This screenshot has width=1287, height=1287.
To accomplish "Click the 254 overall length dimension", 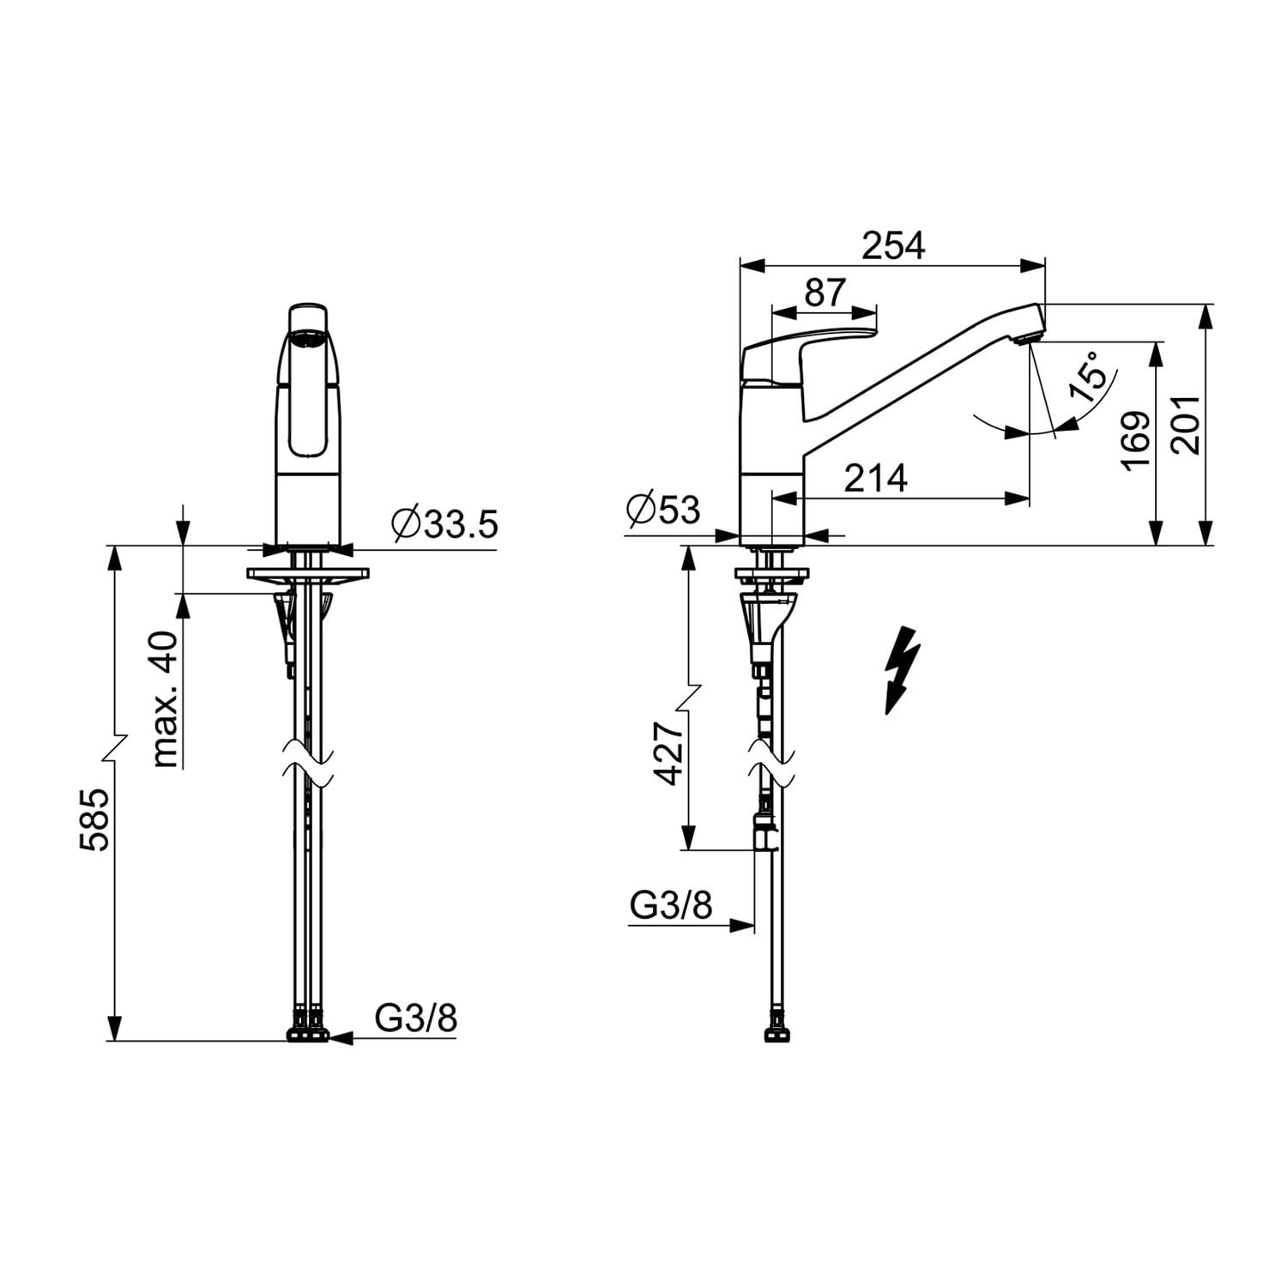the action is pos(893,246).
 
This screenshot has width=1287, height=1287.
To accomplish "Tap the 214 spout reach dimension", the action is pos(875,479).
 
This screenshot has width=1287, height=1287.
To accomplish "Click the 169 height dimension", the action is pos(1137,440).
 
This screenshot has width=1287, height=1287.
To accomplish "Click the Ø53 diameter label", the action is pos(663,510).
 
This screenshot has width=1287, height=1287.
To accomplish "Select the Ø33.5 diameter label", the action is pos(444,523).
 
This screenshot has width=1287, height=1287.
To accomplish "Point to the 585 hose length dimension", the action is pos(94,819).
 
